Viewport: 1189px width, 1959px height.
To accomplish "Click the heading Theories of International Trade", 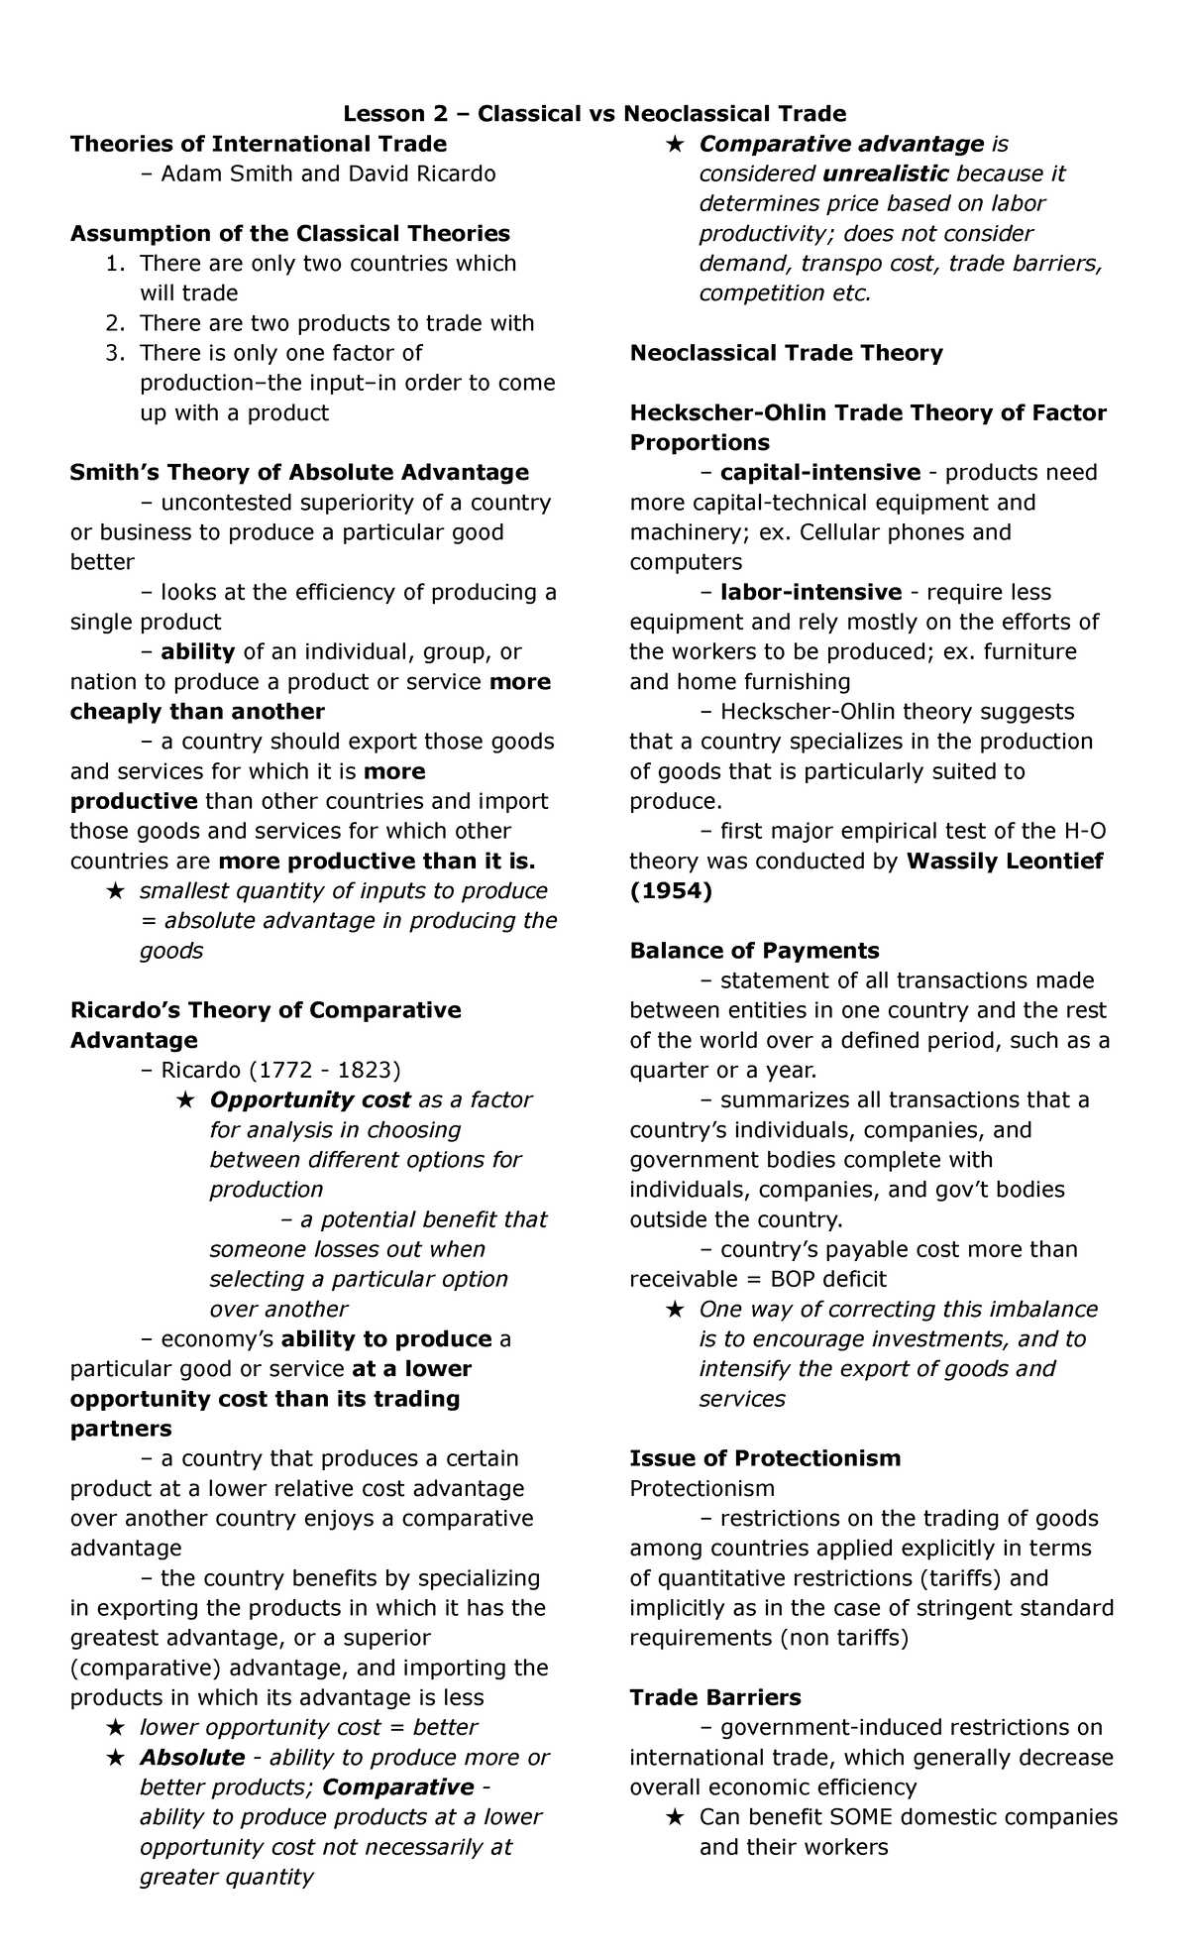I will pos(258,144).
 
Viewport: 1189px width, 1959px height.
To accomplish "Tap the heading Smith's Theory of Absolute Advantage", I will pos(299,472).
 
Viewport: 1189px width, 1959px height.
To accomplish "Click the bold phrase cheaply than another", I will pos(197,712).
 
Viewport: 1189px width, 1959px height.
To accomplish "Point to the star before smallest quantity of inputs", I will pos(116,891).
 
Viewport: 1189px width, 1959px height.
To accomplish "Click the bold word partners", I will pos(121,1429).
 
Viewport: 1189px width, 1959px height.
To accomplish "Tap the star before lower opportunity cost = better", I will pos(116,1727).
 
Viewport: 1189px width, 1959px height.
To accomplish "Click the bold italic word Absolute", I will pos(192,1757).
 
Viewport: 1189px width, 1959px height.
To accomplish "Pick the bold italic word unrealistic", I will pos(886,174).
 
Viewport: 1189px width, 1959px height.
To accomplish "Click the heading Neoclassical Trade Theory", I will pos(786,353).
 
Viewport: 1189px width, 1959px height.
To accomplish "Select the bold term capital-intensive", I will pos(820,472).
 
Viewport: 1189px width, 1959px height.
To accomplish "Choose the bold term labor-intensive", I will pos(811,592).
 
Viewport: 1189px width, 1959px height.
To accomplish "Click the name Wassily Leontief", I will pos(1005,861).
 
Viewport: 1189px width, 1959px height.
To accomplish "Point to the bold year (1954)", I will pos(671,891).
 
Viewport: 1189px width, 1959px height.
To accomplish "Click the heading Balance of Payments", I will pos(754,951).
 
